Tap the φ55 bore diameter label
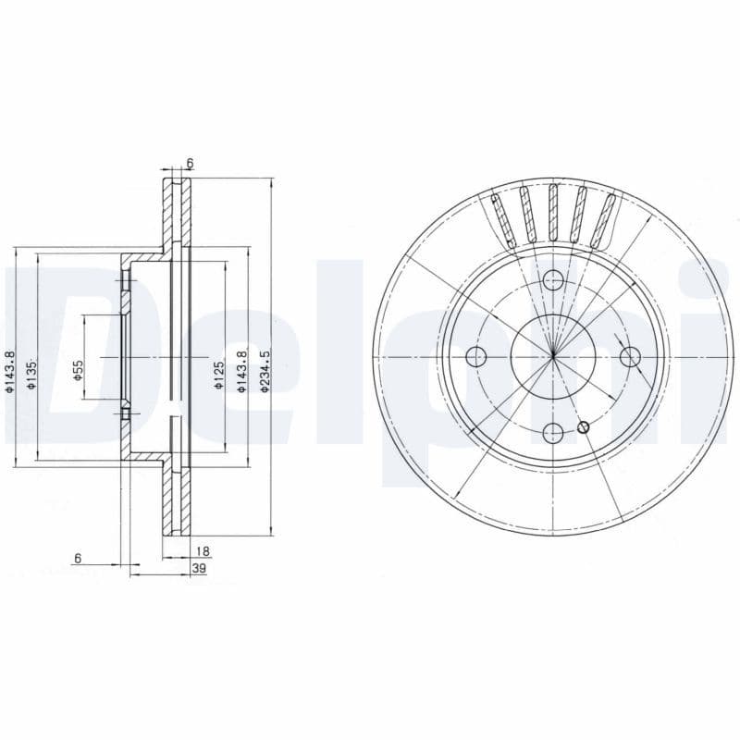coord(78,372)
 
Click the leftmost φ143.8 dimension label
coord(9,373)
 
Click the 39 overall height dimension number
coord(198,569)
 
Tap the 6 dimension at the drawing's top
coord(190,164)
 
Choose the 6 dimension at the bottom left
coord(79,558)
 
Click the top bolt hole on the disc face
coord(553,280)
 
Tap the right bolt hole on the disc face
coord(630,356)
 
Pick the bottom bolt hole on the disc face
coord(553,432)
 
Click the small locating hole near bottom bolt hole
coord(583,426)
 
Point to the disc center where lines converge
coord(553,356)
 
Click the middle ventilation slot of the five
coord(553,215)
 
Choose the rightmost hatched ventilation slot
coord(605,221)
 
